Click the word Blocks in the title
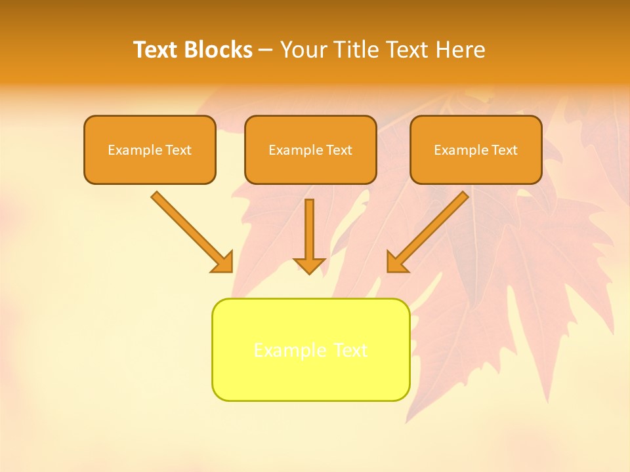(218, 50)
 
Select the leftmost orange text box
(150, 150)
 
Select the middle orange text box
(310, 150)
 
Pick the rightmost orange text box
(476, 150)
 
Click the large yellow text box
(310, 349)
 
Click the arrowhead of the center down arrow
(309, 265)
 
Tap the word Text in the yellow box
(350, 350)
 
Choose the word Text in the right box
(505, 150)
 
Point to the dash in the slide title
(266, 50)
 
